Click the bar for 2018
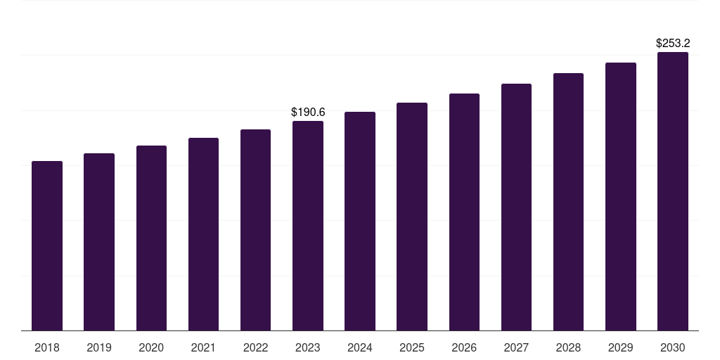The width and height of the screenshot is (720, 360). coord(47,245)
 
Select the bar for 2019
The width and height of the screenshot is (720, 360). coord(99,242)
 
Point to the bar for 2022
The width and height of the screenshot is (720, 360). coord(255,230)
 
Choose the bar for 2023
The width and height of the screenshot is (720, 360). coord(308,226)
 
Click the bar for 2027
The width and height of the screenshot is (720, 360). coord(516,207)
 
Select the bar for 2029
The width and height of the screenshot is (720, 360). coord(621,196)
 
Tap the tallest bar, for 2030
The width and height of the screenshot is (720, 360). coord(673,191)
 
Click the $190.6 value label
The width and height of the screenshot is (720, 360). coord(308,112)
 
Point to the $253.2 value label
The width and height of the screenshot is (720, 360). coord(673,44)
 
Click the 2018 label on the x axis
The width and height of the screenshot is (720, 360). coord(47,347)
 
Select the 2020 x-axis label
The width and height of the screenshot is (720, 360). coord(151,347)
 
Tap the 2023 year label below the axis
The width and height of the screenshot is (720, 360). coord(308,347)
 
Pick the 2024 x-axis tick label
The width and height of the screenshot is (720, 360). coord(360,347)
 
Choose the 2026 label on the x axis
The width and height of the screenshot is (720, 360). coord(464,347)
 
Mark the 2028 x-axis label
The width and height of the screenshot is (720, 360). coord(568,347)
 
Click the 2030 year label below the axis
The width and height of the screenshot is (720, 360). coord(673,347)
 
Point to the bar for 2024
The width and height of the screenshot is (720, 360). coord(360,221)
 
